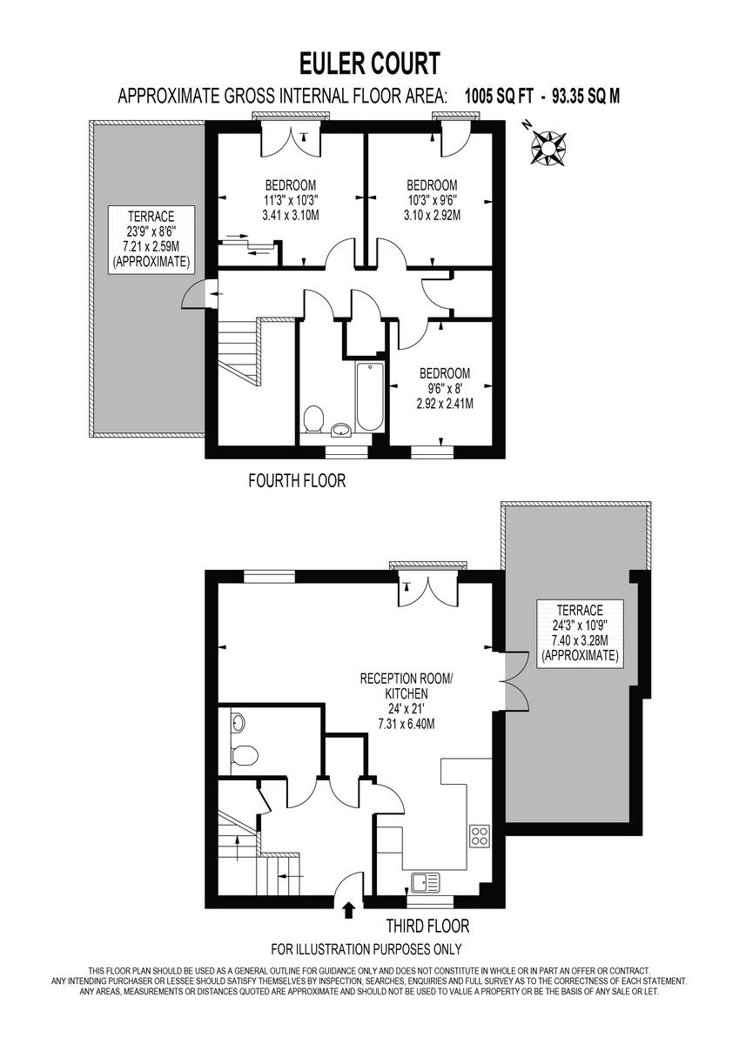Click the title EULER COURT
point(369,64)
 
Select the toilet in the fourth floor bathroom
point(315,418)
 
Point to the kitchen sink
point(427,883)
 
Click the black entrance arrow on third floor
point(349,910)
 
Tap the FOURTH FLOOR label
point(297,480)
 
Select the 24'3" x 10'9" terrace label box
point(579,632)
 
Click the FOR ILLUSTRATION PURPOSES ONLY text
point(366,949)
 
